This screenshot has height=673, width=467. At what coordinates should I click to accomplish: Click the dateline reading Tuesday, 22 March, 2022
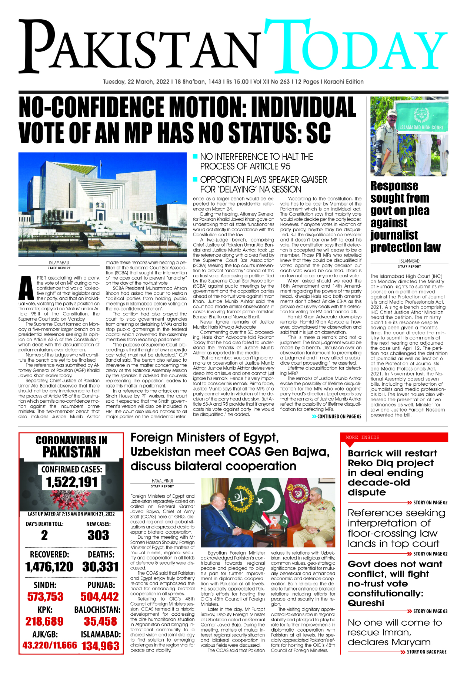click(x=136, y=82)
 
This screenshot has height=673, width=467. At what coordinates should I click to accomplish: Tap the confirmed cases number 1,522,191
click(x=72, y=482)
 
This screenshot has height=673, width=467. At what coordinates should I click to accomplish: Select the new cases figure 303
click(x=98, y=535)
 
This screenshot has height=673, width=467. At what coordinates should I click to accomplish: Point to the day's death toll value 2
click(x=44, y=535)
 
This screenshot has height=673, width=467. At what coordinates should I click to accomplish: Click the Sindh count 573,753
click(x=45, y=596)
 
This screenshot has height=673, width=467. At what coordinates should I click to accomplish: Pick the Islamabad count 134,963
click(x=100, y=646)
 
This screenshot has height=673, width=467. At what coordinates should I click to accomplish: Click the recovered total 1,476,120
click(x=49, y=567)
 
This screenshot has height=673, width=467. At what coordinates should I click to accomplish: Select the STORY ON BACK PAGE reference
click(x=426, y=652)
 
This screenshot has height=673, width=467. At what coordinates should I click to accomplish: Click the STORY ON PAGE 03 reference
click(x=430, y=611)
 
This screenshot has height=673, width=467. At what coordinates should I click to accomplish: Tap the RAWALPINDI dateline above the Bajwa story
click(x=162, y=480)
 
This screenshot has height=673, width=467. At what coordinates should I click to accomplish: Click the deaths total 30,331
click(x=100, y=567)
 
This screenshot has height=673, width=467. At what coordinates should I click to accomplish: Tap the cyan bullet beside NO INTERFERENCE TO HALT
click(x=196, y=156)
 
